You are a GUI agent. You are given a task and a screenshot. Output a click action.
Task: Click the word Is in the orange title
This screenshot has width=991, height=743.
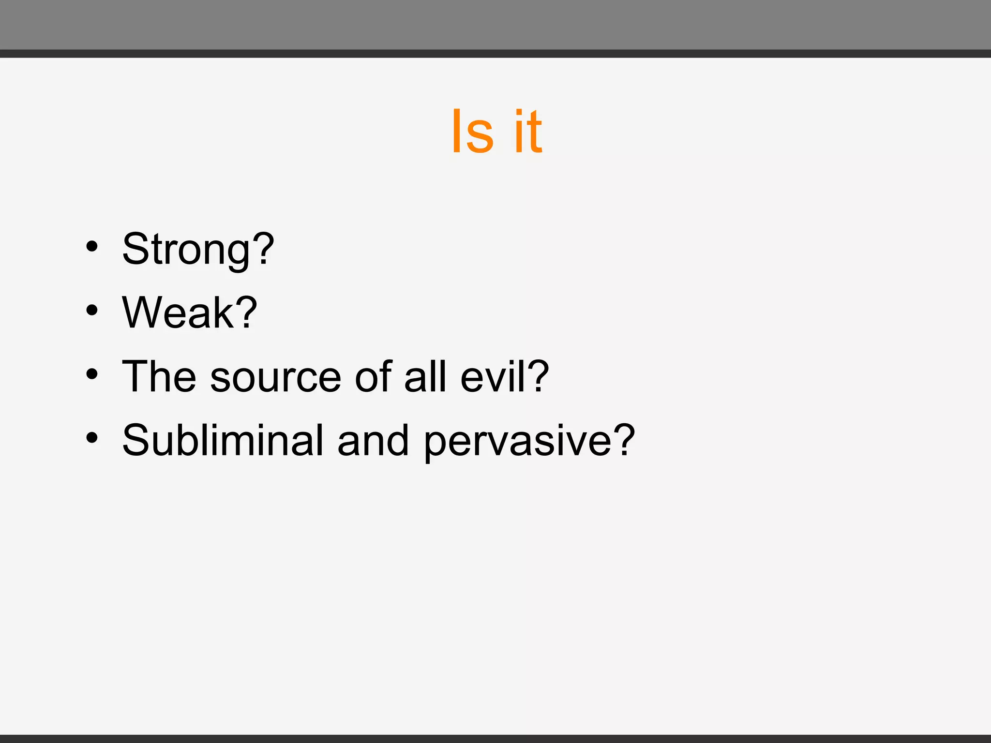click(472, 132)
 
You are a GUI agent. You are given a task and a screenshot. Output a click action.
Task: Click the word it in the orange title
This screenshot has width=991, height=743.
click(528, 132)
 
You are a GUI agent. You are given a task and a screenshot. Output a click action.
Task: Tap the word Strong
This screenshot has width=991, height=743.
click(186, 250)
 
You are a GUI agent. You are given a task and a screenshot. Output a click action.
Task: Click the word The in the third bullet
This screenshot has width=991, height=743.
click(159, 376)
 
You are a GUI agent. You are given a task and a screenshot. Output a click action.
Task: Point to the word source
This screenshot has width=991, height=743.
click(275, 377)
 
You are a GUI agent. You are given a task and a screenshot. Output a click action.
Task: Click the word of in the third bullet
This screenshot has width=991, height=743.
click(373, 376)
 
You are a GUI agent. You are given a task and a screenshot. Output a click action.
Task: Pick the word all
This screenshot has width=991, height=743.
click(425, 376)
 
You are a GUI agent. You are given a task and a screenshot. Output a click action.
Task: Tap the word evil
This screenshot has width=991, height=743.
click(493, 376)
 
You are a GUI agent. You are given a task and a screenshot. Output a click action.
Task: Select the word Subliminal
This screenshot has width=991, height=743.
click(223, 440)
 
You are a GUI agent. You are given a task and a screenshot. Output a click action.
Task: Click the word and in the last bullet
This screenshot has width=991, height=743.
click(373, 440)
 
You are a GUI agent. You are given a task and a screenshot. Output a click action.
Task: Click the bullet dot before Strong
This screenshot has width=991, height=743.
click(92, 247)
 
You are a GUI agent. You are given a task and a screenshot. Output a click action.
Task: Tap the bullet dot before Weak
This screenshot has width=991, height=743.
click(92, 311)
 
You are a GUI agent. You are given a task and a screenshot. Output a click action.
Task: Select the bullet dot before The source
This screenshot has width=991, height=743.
click(92, 374)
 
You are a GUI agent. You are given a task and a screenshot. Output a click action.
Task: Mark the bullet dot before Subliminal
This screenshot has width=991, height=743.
click(92, 438)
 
